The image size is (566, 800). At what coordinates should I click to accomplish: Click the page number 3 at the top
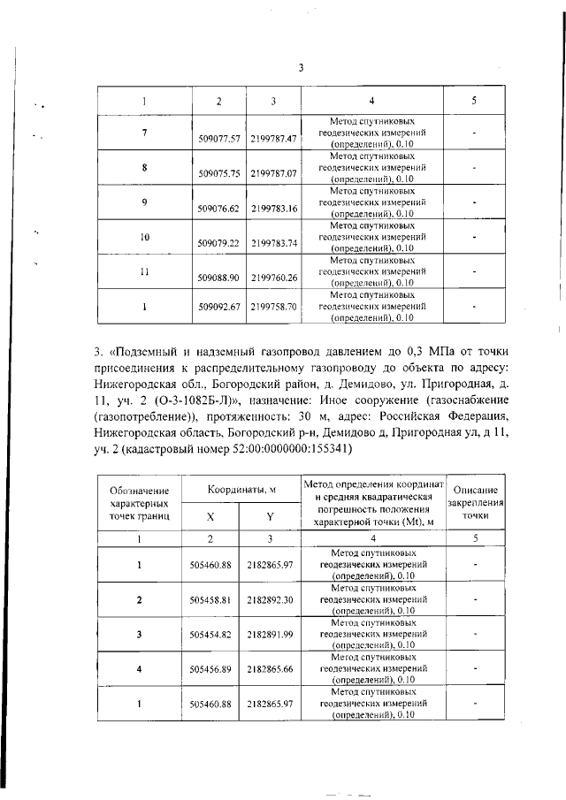(x=301, y=68)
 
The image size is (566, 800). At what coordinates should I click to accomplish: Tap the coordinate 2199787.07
(x=273, y=174)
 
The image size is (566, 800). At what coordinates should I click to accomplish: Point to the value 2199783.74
(x=273, y=243)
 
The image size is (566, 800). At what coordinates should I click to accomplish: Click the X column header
(x=210, y=518)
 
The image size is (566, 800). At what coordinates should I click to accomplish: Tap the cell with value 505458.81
(x=210, y=598)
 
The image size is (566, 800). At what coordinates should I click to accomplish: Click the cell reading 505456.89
(x=210, y=668)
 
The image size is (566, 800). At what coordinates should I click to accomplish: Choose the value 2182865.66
(x=271, y=668)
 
